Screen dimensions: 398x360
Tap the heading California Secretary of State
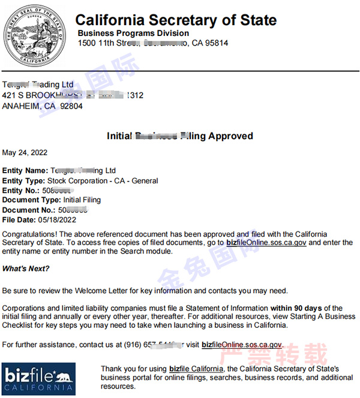tap(176, 20)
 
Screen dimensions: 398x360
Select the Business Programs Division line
tap(133, 34)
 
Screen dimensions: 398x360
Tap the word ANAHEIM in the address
tap(21, 106)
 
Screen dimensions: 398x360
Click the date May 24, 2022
tap(25, 153)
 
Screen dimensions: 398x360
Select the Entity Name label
tap(25, 171)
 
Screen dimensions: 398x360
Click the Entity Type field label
tap(23, 180)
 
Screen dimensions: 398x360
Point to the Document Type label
tap(31, 200)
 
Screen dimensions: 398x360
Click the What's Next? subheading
tap(26, 268)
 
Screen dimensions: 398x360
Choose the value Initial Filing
tap(82, 200)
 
